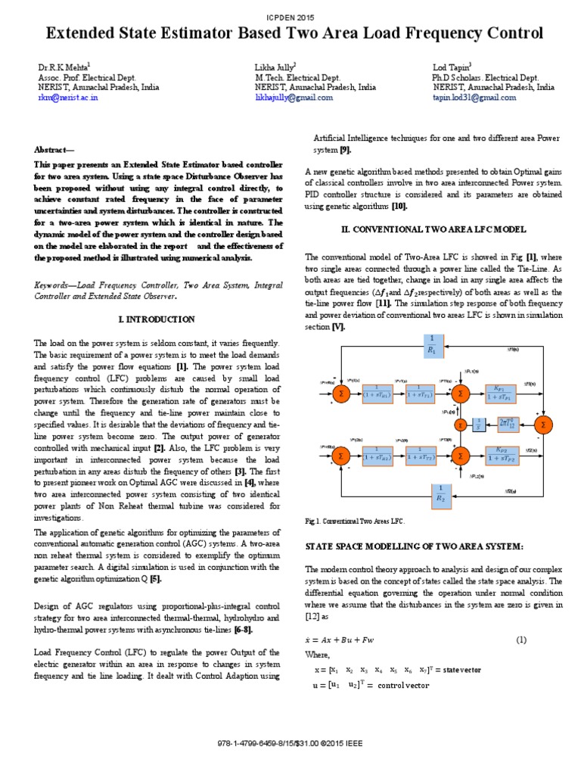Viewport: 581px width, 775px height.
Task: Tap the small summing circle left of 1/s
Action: (x=460, y=425)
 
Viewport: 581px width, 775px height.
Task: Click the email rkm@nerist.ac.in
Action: (x=68, y=98)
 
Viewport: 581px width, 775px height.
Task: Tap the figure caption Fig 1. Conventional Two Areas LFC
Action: (x=356, y=522)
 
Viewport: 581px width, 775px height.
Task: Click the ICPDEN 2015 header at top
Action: (x=290, y=16)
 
